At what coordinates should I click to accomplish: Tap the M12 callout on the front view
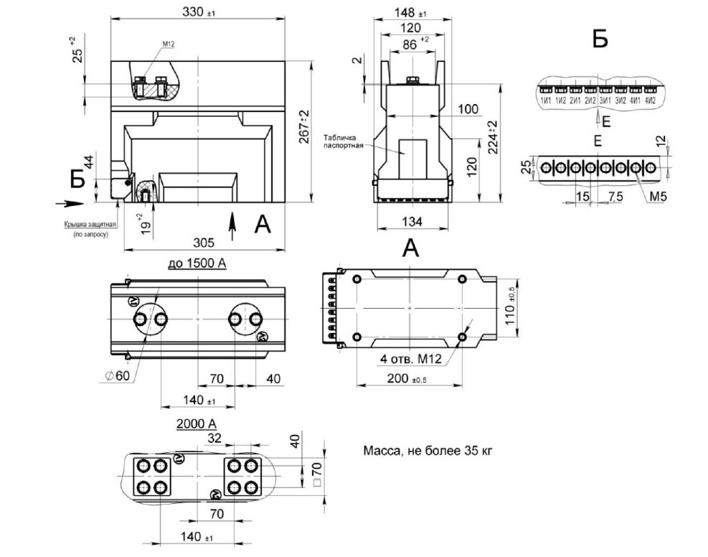pos(169,45)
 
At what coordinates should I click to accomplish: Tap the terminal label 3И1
pos(606,100)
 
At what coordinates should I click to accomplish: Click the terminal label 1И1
pos(546,100)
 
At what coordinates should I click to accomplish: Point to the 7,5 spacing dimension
pos(613,196)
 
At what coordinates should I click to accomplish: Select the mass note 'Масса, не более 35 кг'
pos(428,451)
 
